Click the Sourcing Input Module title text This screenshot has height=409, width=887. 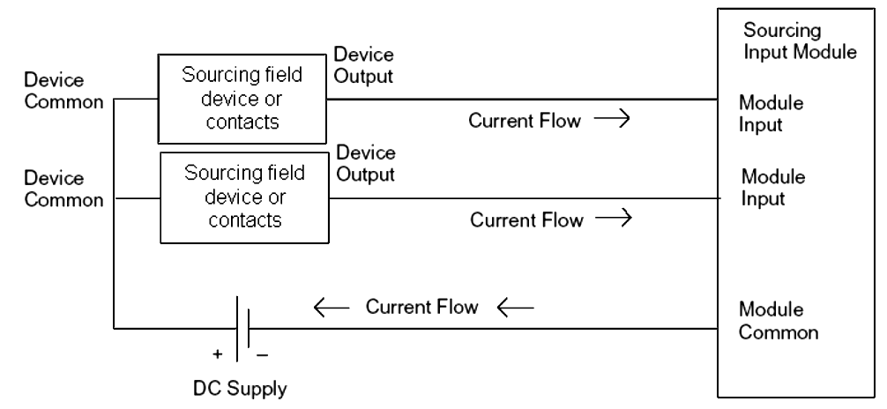coord(801,41)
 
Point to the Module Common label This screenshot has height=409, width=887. coord(779,323)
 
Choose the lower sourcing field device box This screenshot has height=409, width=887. coord(244,197)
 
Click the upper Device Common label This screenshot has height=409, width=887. coord(55,92)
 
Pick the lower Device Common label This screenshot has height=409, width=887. coord(55,189)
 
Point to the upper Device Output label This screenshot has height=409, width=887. coord(364,66)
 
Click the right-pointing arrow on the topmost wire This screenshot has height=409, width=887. coord(609,122)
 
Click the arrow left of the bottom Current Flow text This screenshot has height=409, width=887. coord(332,308)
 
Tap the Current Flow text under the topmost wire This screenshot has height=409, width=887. coord(525,122)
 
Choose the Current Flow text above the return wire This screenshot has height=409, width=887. coord(422,308)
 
